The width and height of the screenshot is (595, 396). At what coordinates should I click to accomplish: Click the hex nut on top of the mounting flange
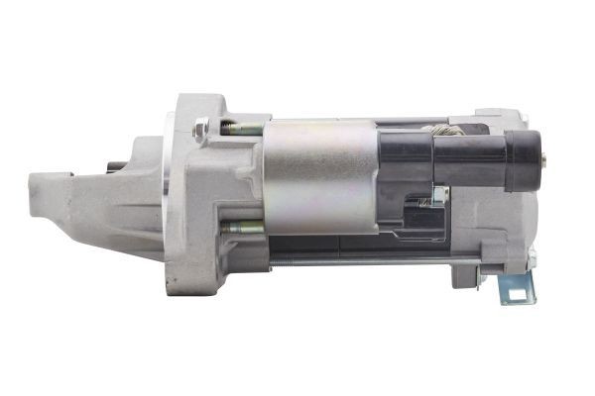(x=201, y=126)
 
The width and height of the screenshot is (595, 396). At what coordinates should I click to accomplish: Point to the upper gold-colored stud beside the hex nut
(x=241, y=128)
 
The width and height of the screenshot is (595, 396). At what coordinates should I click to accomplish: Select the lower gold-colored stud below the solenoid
(x=241, y=227)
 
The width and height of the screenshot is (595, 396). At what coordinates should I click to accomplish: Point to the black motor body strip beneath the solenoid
(x=327, y=245)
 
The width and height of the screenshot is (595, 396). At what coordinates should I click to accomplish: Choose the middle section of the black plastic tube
(x=471, y=158)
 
